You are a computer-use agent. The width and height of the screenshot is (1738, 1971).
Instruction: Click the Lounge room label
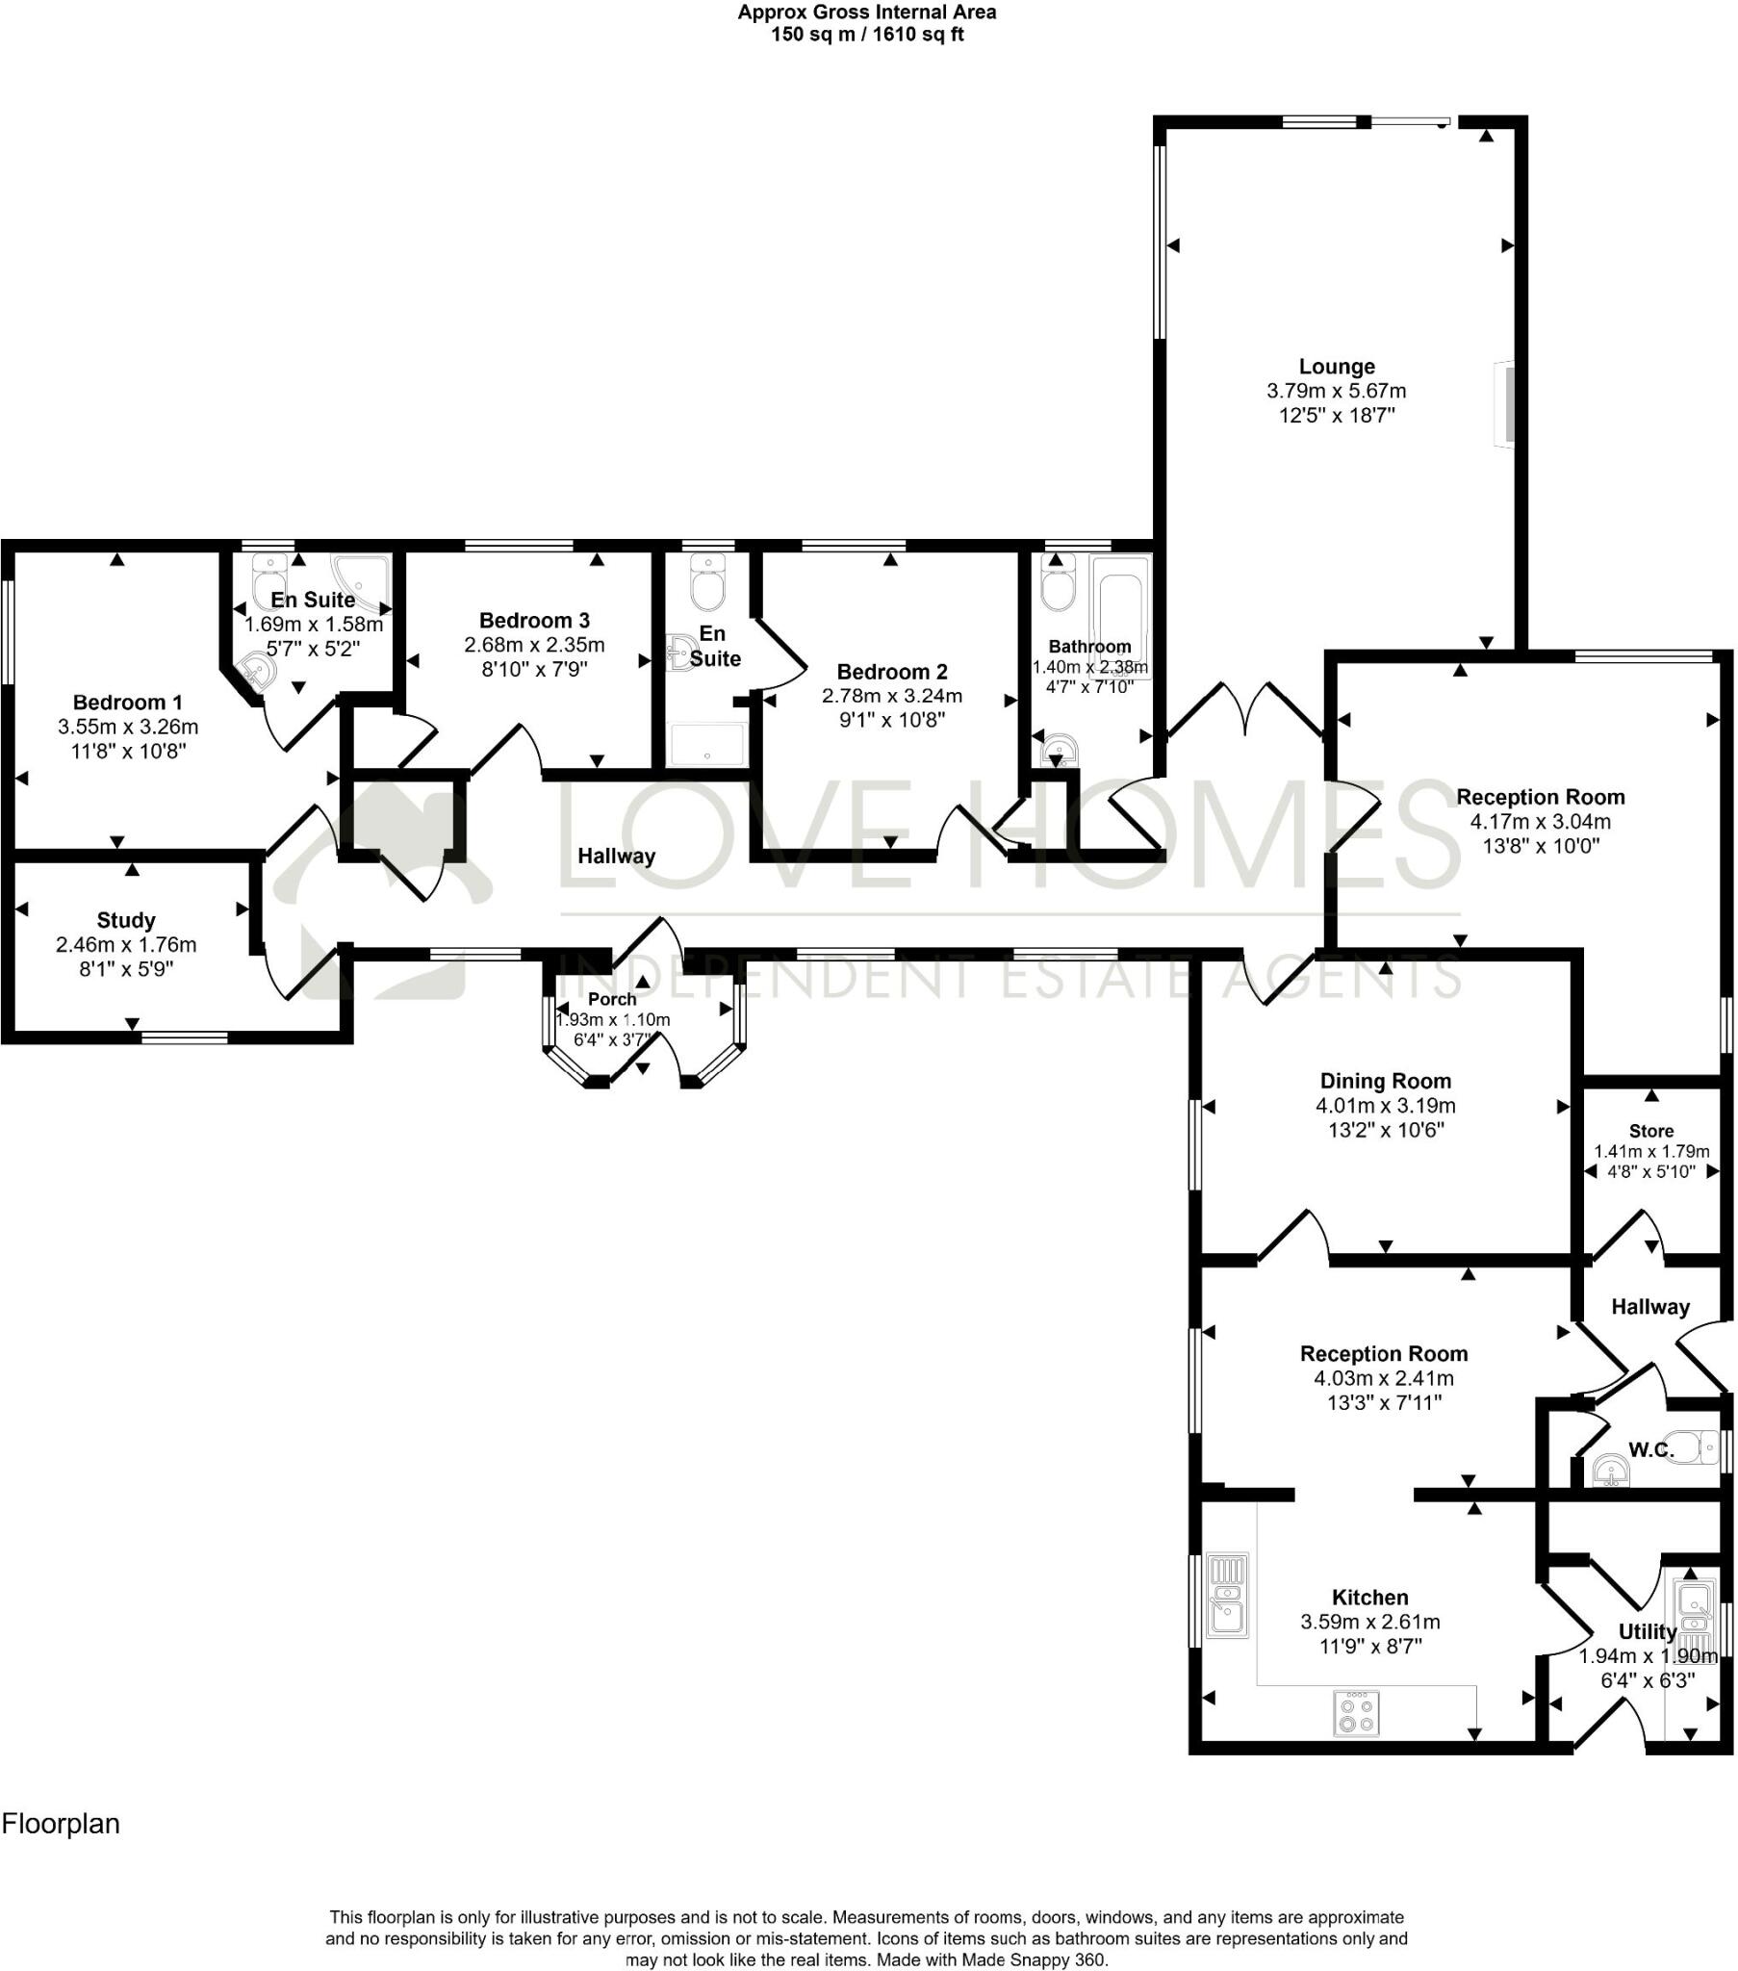(x=1336, y=367)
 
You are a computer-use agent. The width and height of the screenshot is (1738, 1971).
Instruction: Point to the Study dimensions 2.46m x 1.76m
(x=125, y=945)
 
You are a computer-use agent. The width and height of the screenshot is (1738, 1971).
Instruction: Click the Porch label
(x=611, y=999)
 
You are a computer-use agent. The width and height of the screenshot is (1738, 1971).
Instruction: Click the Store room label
(x=1650, y=1130)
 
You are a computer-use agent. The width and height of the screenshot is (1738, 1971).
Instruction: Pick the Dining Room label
(x=1385, y=1081)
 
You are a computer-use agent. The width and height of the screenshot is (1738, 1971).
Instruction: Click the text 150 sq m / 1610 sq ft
(x=866, y=36)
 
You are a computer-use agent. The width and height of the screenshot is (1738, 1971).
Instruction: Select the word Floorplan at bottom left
(x=61, y=1824)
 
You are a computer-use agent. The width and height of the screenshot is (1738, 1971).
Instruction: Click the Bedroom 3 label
(x=533, y=620)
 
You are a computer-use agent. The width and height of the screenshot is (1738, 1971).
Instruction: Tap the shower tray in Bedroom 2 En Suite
(x=707, y=743)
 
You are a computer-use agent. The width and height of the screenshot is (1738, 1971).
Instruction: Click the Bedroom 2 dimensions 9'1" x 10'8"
(x=891, y=719)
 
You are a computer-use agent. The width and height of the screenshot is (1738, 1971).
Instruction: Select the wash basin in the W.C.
(x=1611, y=1472)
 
